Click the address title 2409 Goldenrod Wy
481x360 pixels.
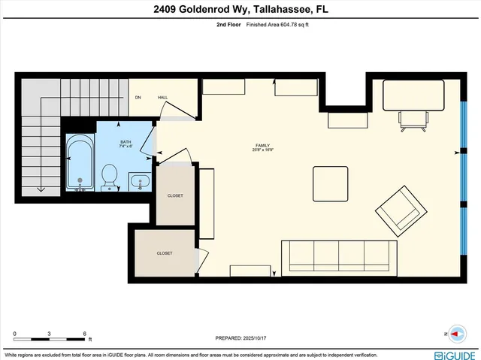tap(240, 10)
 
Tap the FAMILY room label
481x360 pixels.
tap(262, 145)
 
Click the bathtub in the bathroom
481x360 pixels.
tap(79, 162)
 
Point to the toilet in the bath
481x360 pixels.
tap(110, 176)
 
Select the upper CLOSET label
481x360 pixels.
tap(174, 195)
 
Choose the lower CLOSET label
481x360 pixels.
tap(165, 253)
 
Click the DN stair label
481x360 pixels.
tap(138, 98)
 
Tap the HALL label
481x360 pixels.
tap(162, 98)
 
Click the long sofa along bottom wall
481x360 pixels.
tap(339, 256)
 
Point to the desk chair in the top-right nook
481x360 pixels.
tap(413, 119)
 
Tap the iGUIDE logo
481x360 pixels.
tap(455, 354)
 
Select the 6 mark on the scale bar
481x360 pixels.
tap(85, 334)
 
